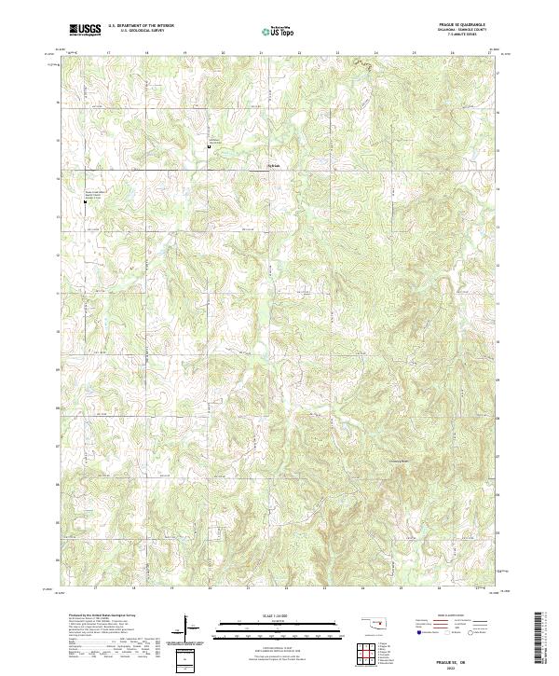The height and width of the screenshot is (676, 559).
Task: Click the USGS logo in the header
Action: coord(86,30)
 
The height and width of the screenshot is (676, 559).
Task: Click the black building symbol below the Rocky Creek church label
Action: coord(84,200)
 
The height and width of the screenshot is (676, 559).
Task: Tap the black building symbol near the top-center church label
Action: coord(210,145)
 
